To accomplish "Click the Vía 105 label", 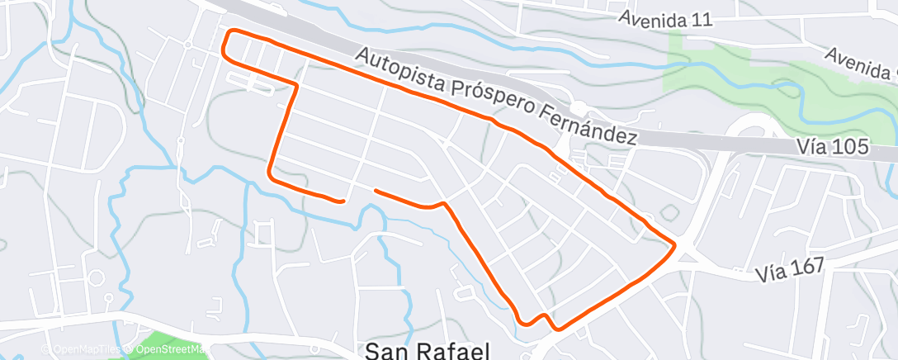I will [x=834, y=147].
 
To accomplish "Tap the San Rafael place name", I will [x=427, y=351].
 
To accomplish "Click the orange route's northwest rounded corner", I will [x=228, y=36].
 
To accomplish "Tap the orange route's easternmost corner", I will [x=676, y=244].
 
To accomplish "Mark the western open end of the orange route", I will [x=343, y=200].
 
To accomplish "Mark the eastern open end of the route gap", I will [x=376, y=191].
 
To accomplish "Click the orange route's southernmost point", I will [x=558, y=329].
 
